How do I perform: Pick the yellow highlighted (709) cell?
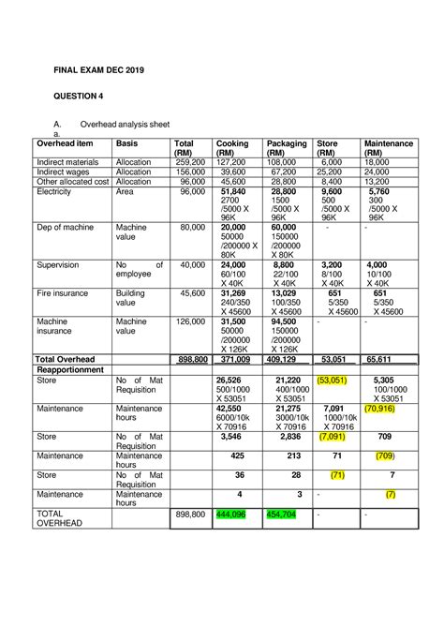(x=384, y=455)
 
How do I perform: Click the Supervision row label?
(x=61, y=264)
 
